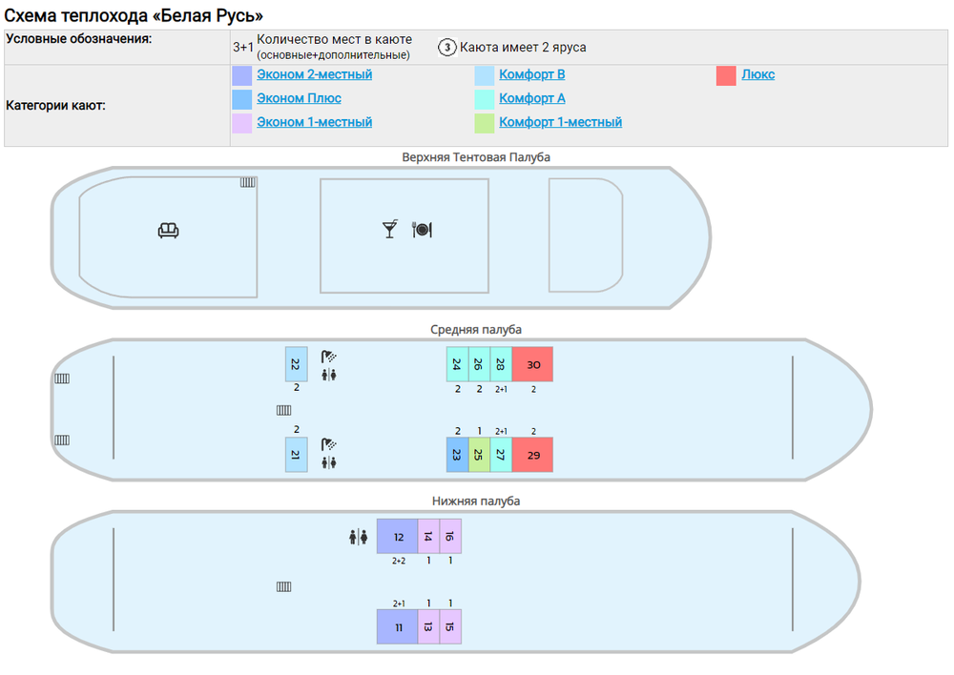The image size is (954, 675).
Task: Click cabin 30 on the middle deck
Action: point(532,364)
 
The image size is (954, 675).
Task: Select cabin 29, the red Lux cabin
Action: point(532,455)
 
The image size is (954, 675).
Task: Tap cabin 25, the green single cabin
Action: point(479,455)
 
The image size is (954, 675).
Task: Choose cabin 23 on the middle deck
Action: point(457,455)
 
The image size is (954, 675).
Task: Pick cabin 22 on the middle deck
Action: point(296,364)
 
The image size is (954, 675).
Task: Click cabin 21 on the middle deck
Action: point(296,455)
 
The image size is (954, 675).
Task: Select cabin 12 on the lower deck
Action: point(398,537)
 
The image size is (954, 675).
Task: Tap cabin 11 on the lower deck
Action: point(398,626)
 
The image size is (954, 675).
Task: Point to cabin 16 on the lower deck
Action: point(450,537)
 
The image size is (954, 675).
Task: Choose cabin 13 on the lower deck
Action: point(428,626)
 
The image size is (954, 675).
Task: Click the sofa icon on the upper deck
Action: point(169,230)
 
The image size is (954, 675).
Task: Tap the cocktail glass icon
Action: point(389,229)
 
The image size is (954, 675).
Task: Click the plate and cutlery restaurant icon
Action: point(422,229)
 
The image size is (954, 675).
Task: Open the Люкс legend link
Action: point(758,74)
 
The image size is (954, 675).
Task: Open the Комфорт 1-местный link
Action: point(560,122)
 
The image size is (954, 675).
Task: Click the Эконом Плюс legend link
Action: point(299,98)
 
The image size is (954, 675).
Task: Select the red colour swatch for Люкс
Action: point(726,75)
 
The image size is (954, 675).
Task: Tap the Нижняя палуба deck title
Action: point(476,501)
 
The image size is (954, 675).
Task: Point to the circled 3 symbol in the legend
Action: point(446,48)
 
